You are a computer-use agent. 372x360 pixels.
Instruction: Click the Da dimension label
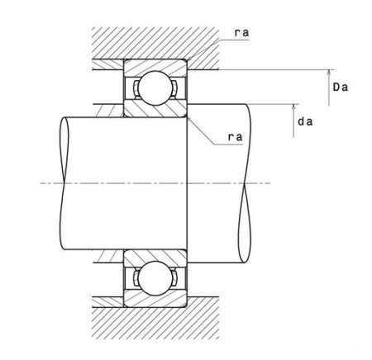[x=341, y=88]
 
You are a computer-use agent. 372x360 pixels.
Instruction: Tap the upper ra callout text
[x=241, y=33]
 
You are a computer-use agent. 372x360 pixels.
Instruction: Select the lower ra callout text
[x=235, y=137]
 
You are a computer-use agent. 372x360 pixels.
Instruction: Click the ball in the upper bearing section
[x=155, y=88]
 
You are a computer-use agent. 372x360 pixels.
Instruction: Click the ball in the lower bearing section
[x=155, y=278]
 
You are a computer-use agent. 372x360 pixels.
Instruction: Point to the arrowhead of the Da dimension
[x=329, y=73]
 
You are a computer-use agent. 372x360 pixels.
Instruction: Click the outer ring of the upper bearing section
[x=155, y=67]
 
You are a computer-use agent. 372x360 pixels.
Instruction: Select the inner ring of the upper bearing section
[x=155, y=109]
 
